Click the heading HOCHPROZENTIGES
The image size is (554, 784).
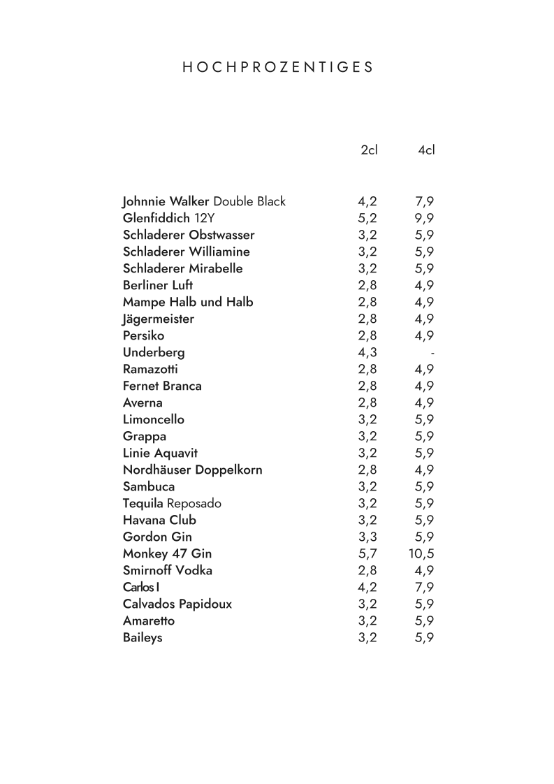pos(277,68)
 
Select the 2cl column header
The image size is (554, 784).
pos(369,150)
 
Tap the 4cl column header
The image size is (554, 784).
pos(426,150)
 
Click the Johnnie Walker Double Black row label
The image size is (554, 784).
pos(204,202)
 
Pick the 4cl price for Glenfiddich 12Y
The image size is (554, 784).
pos(424,219)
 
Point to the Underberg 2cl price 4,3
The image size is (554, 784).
pos(367,353)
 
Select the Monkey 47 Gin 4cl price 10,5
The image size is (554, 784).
pos(422,554)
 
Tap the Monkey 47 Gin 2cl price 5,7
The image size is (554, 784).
pos(367,554)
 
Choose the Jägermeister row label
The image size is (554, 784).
pos(159,319)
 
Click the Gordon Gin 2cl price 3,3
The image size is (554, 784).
pos(367,537)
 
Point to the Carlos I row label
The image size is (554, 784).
pos(140,587)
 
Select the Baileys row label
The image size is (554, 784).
pos(143,638)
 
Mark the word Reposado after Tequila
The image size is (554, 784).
pos(194,504)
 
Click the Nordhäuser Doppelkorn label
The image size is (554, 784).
pos(192,470)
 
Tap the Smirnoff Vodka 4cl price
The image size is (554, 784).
pos(424,571)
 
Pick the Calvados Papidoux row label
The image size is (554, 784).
pos(177,604)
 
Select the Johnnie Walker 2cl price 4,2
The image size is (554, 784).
pos(367,202)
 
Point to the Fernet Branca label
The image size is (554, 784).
pos(162,386)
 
